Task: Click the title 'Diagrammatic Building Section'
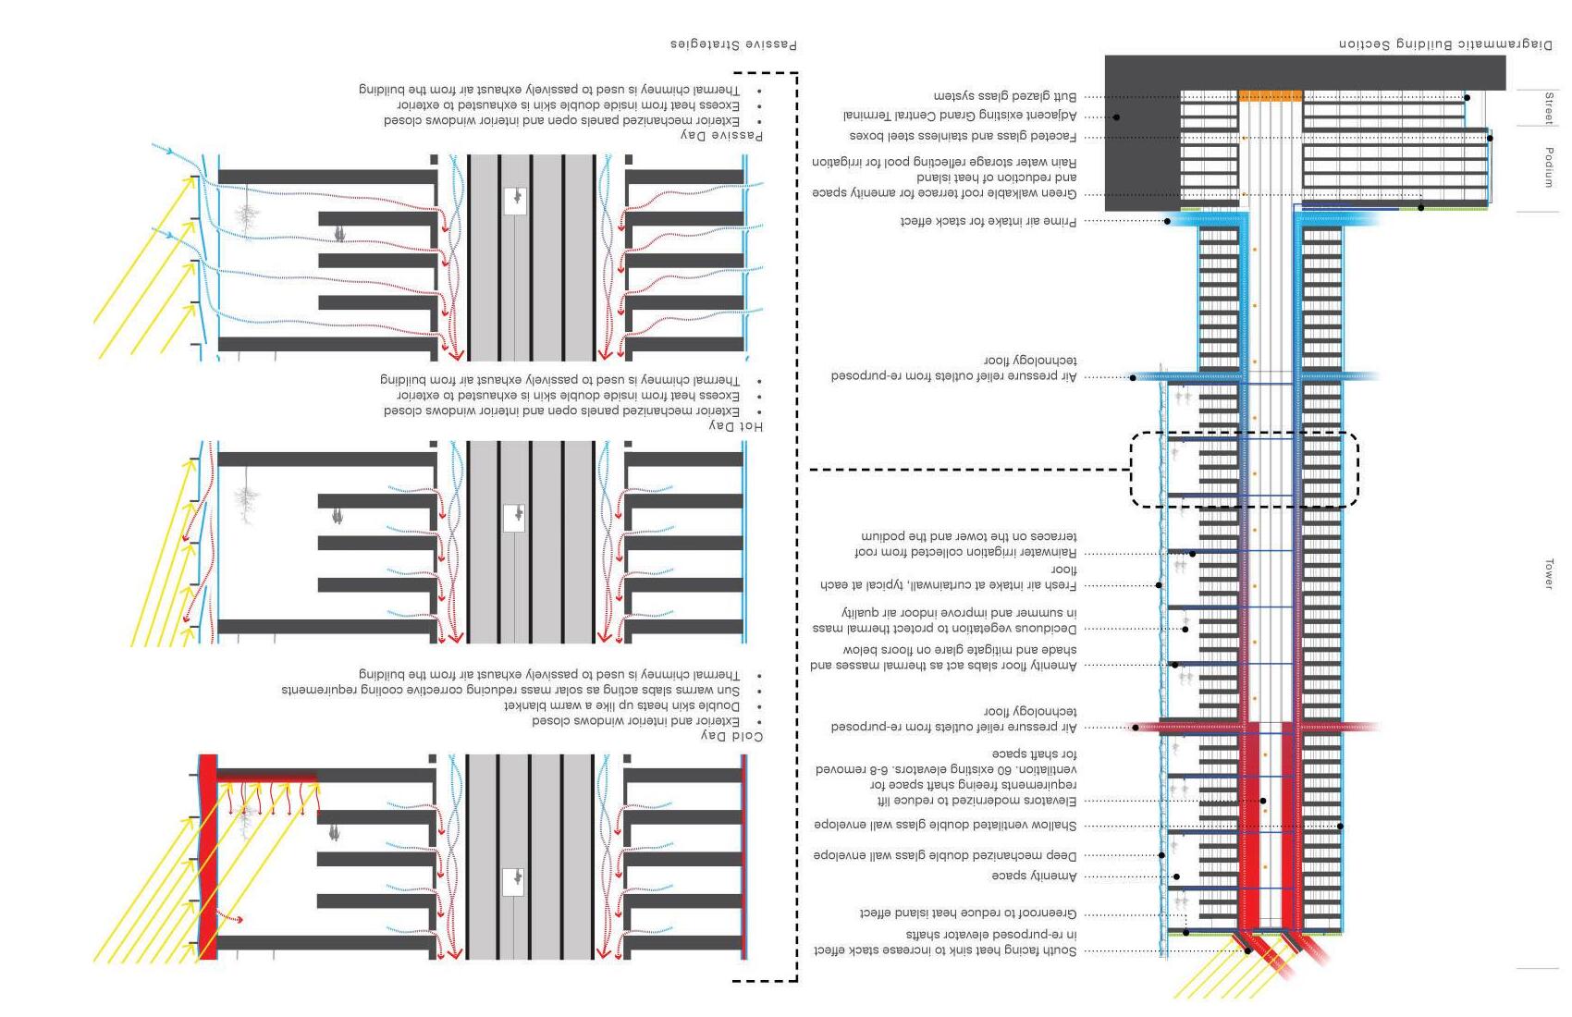(1446, 44)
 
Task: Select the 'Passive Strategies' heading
(733, 44)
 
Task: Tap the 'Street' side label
(1548, 107)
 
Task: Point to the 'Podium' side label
(1548, 167)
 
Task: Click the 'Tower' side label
(1548, 573)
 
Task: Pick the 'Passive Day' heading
(722, 135)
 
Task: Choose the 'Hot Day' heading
(736, 425)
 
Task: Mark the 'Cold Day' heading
(732, 736)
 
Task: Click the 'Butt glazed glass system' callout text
(1004, 96)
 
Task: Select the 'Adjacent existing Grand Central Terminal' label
(960, 116)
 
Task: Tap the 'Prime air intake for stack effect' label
(989, 222)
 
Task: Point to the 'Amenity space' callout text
(1034, 876)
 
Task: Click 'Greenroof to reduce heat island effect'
(967, 913)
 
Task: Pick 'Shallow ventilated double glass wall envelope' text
(945, 825)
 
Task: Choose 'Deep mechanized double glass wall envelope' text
(945, 855)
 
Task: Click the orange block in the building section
(1270, 95)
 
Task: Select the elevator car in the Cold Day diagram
(514, 881)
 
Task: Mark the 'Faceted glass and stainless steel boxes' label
(963, 136)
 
